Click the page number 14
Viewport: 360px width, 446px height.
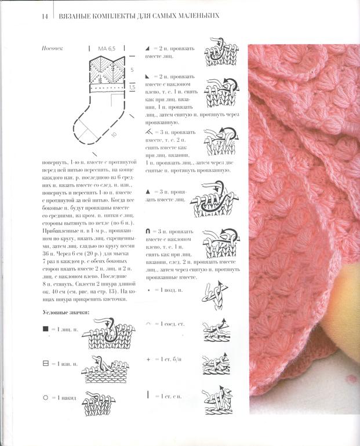point(45,16)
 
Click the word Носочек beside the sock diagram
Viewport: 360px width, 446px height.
point(54,49)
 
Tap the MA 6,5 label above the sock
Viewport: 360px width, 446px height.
point(107,49)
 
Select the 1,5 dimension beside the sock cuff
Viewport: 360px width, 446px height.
point(132,87)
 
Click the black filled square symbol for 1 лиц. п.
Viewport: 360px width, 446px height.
point(46,330)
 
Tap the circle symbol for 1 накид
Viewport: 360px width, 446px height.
point(46,399)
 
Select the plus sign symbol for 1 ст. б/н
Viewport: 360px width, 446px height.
point(148,359)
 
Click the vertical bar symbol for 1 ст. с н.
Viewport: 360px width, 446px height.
point(148,394)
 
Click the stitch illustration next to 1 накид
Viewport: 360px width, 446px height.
point(100,400)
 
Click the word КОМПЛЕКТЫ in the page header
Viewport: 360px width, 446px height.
point(108,16)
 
